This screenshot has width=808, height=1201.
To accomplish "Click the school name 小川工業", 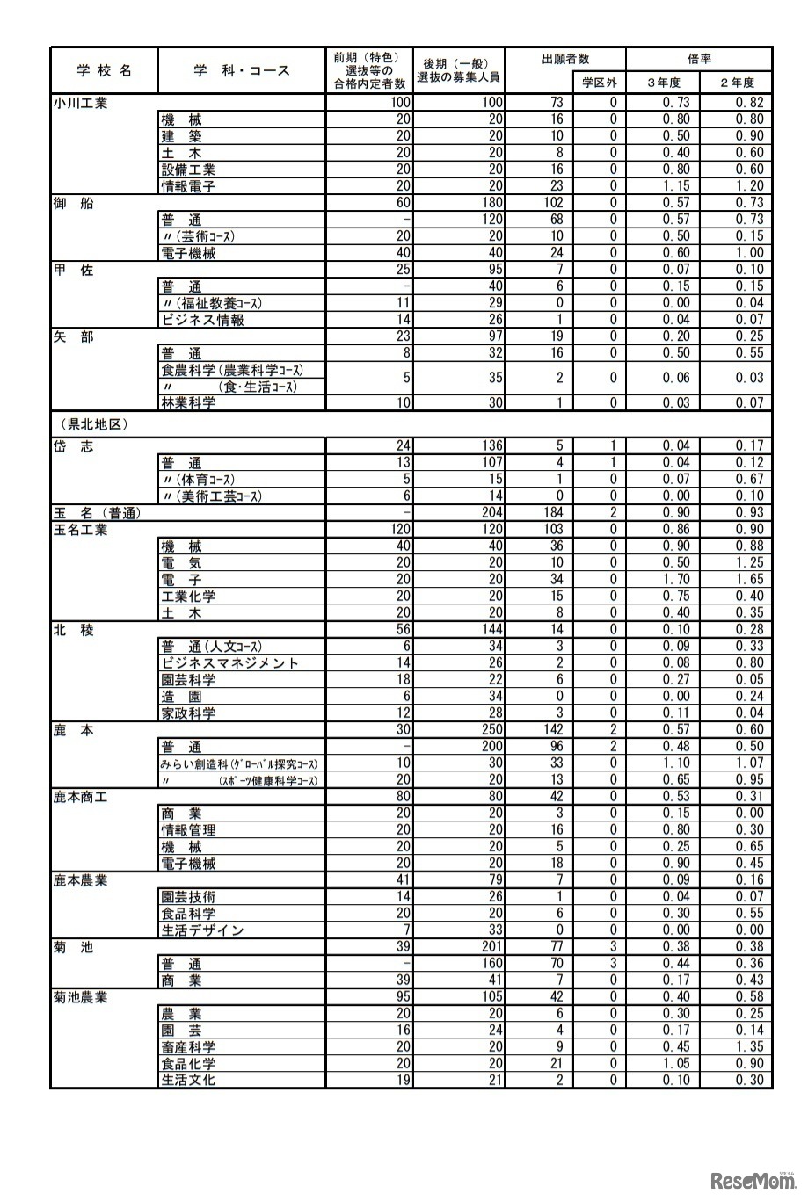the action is tap(80, 103).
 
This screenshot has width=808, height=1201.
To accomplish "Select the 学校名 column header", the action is tap(104, 70).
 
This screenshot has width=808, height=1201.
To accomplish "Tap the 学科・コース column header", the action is tap(242, 70).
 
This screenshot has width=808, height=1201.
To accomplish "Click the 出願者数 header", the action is tap(566, 59).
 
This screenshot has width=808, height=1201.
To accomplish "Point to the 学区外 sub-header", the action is tap(600, 83).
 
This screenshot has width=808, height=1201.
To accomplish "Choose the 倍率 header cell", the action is tap(699, 59).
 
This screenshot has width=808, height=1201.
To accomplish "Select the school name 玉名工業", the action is tap(80, 530).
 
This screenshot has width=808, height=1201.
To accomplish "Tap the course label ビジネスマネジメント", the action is tap(229, 663).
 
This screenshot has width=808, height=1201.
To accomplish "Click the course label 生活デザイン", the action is tap(202, 930).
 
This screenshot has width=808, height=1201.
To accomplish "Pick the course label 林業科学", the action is tap(188, 402).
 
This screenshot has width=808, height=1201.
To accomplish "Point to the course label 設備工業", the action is tap(188, 170).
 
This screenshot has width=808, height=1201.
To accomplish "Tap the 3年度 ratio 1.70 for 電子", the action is tap(676, 580).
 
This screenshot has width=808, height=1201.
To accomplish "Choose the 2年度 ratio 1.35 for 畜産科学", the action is tap(749, 1047).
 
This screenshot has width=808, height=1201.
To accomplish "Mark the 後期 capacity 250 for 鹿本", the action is tap(491, 730).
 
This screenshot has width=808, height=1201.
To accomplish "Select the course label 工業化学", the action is tap(188, 597).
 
